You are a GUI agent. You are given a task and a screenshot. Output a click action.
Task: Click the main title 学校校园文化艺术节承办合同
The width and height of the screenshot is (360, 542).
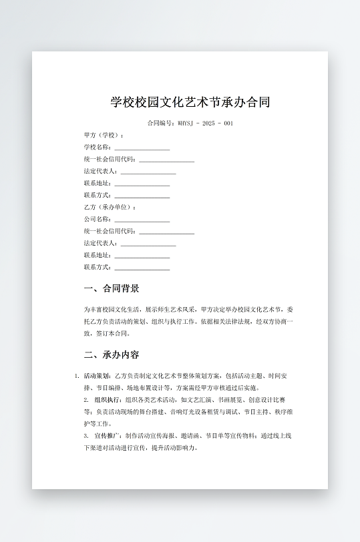point(190,102)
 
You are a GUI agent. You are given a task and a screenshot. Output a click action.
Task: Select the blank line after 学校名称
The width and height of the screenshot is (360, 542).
point(142,149)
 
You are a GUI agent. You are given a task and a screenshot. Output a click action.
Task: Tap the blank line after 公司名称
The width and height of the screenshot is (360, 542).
point(142,221)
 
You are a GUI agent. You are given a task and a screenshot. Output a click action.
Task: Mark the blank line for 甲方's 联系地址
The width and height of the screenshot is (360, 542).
point(142,185)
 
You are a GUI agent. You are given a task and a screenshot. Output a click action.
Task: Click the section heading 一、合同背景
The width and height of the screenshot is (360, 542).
point(112,289)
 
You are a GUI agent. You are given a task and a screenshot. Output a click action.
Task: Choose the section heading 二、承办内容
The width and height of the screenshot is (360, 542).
point(112,354)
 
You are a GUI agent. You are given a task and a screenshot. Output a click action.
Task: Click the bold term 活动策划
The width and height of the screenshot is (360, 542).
point(98,376)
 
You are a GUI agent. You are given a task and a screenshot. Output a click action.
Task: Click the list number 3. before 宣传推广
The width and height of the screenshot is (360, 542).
point(86,436)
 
